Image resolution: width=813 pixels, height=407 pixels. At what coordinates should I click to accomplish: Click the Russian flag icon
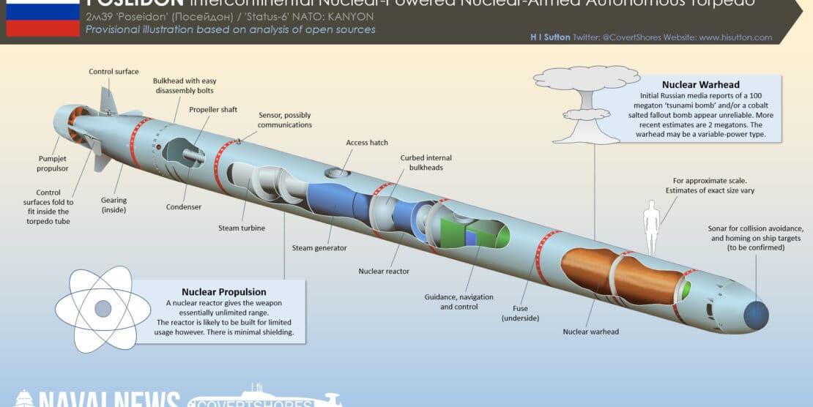coord(42,18)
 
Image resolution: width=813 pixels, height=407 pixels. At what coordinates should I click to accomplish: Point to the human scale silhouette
coord(650,220)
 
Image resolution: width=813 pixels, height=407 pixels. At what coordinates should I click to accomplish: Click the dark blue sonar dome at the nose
coord(756,314)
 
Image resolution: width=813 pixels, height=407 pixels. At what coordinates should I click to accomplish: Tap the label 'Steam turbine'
coord(242,228)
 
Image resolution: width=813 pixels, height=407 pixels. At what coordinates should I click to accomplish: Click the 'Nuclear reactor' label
coord(384,271)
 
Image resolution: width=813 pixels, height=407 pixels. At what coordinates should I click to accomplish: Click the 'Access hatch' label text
coord(367,143)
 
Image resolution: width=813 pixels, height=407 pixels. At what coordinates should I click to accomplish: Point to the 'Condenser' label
coord(183,207)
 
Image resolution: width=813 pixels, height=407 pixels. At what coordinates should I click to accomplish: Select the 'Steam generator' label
coord(319,248)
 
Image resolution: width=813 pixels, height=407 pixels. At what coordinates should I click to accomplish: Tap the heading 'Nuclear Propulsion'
coord(224,291)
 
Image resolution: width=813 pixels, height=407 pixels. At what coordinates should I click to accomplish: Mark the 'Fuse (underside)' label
coord(521,313)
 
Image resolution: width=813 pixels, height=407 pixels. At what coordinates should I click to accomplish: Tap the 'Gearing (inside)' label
coord(114,206)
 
